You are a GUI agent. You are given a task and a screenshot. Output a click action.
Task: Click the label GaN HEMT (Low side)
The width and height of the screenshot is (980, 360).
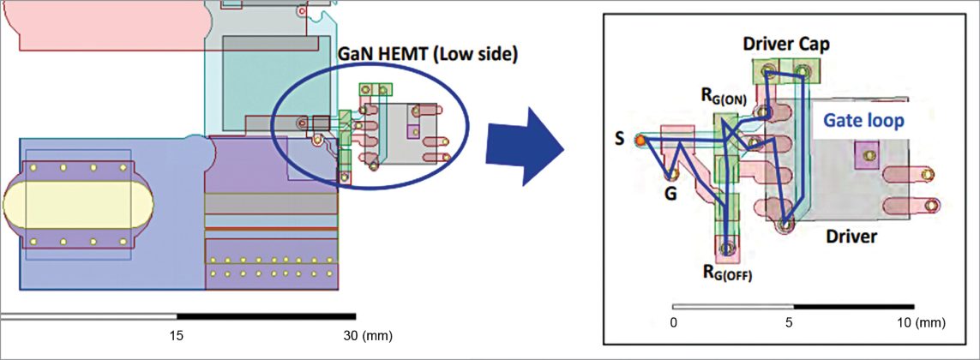click(x=425, y=56)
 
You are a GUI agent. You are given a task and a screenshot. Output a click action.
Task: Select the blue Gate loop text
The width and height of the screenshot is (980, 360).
click(x=863, y=122)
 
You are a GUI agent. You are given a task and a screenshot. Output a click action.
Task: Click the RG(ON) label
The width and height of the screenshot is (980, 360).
click(x=724, y=99)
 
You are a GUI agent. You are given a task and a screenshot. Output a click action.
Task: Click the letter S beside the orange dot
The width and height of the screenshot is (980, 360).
click(x=619, y=137)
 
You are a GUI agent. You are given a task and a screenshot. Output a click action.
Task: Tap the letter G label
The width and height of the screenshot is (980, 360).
click(x=670, y=194)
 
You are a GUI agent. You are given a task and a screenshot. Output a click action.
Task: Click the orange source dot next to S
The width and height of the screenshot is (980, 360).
click(x=639, y=139)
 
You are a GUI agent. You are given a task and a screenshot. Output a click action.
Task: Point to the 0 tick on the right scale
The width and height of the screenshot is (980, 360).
click(x=674, y=323)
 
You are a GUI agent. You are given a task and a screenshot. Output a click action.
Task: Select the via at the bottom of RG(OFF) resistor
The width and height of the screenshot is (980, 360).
click(x=727, y=249)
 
